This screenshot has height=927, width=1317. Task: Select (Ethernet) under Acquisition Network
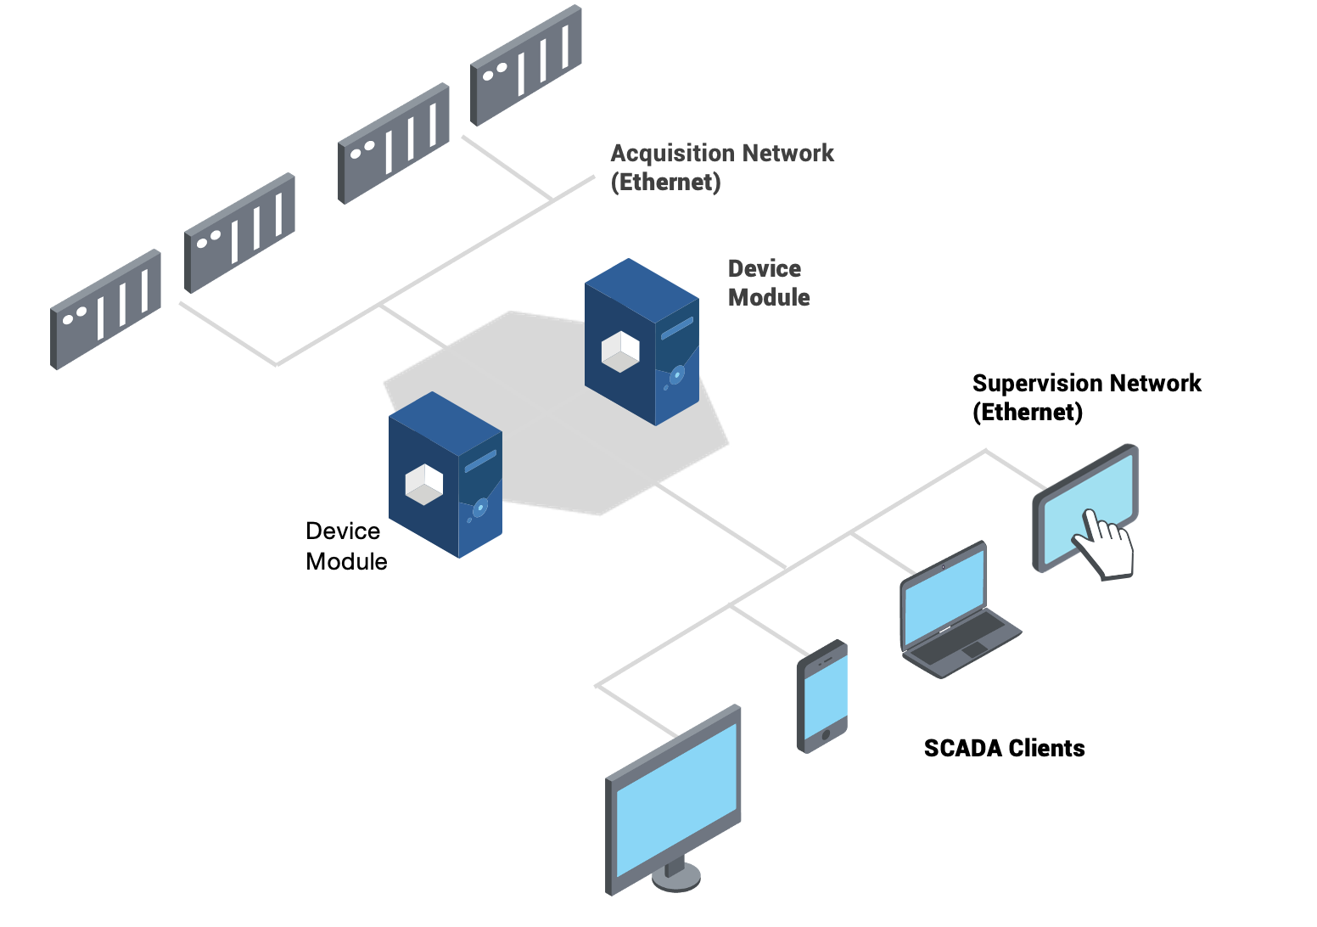666,183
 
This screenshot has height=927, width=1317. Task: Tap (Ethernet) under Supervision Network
1028,413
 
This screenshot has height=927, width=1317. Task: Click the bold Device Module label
769,284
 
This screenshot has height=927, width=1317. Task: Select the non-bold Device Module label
346,547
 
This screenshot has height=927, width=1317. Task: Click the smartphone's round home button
827,734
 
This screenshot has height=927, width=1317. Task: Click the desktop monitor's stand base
676,878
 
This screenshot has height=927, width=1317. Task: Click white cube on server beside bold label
620,351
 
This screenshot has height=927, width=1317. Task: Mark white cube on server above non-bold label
424,485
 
